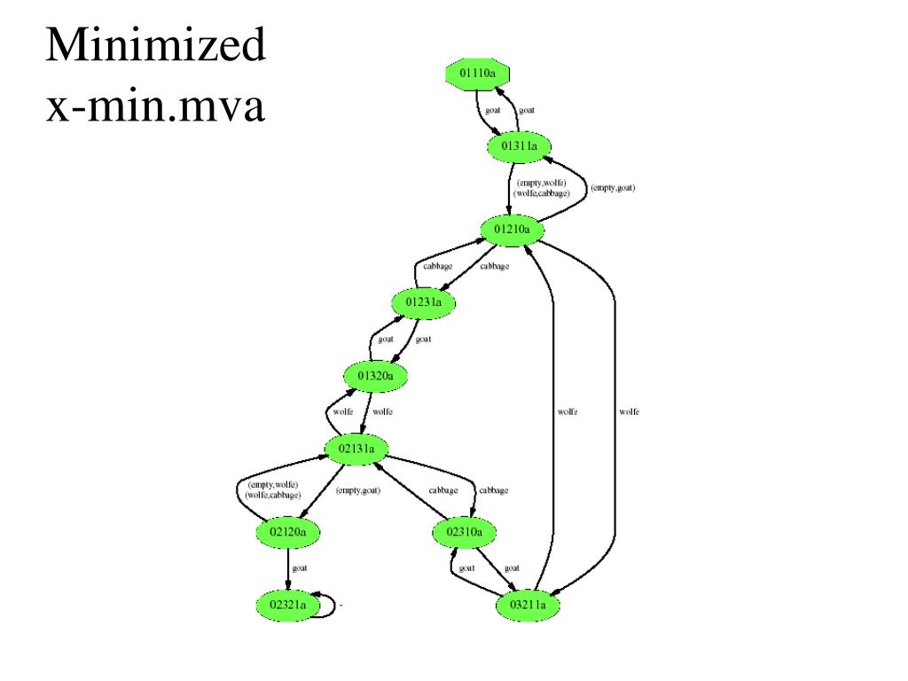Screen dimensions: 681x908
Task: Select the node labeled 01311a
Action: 519,145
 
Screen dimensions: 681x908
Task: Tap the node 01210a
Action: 512,230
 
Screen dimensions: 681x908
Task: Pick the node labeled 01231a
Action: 423,303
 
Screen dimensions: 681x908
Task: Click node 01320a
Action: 375,376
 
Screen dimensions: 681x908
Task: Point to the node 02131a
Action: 357,449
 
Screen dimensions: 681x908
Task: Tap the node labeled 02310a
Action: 465,532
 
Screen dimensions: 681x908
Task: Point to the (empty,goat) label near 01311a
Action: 613,187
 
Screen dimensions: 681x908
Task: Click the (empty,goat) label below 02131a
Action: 358,490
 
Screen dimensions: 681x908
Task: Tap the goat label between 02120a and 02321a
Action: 300,568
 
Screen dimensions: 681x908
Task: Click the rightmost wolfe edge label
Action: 629,411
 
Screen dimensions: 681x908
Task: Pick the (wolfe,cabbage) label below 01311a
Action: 541,192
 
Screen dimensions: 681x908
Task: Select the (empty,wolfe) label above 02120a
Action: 273,484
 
